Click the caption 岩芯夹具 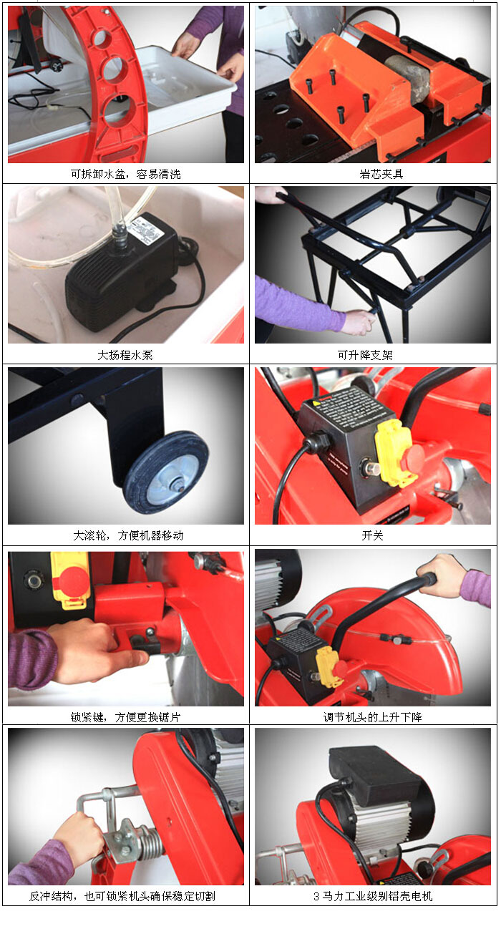pyautogui.click(x=381, y=174)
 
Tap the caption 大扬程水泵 pyautogui.click(x=125, y=355)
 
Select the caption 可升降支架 pyautogui.click(x=365, y=355)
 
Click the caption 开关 pyautogui.click(x=372, y=535)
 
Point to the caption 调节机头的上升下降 pyautogui.click(x=372, y=717)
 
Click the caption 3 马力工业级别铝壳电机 pyautogui.click(x=373, y=896)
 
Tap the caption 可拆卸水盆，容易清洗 pyautogui.click(x=125, y=174)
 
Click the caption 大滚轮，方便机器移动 pyautogui.click(x=128, y=535)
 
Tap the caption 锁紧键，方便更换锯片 pyautogui.click(x=125, y=717)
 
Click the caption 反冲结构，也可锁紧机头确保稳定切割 pyautogui.click(x=122, y=896)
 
